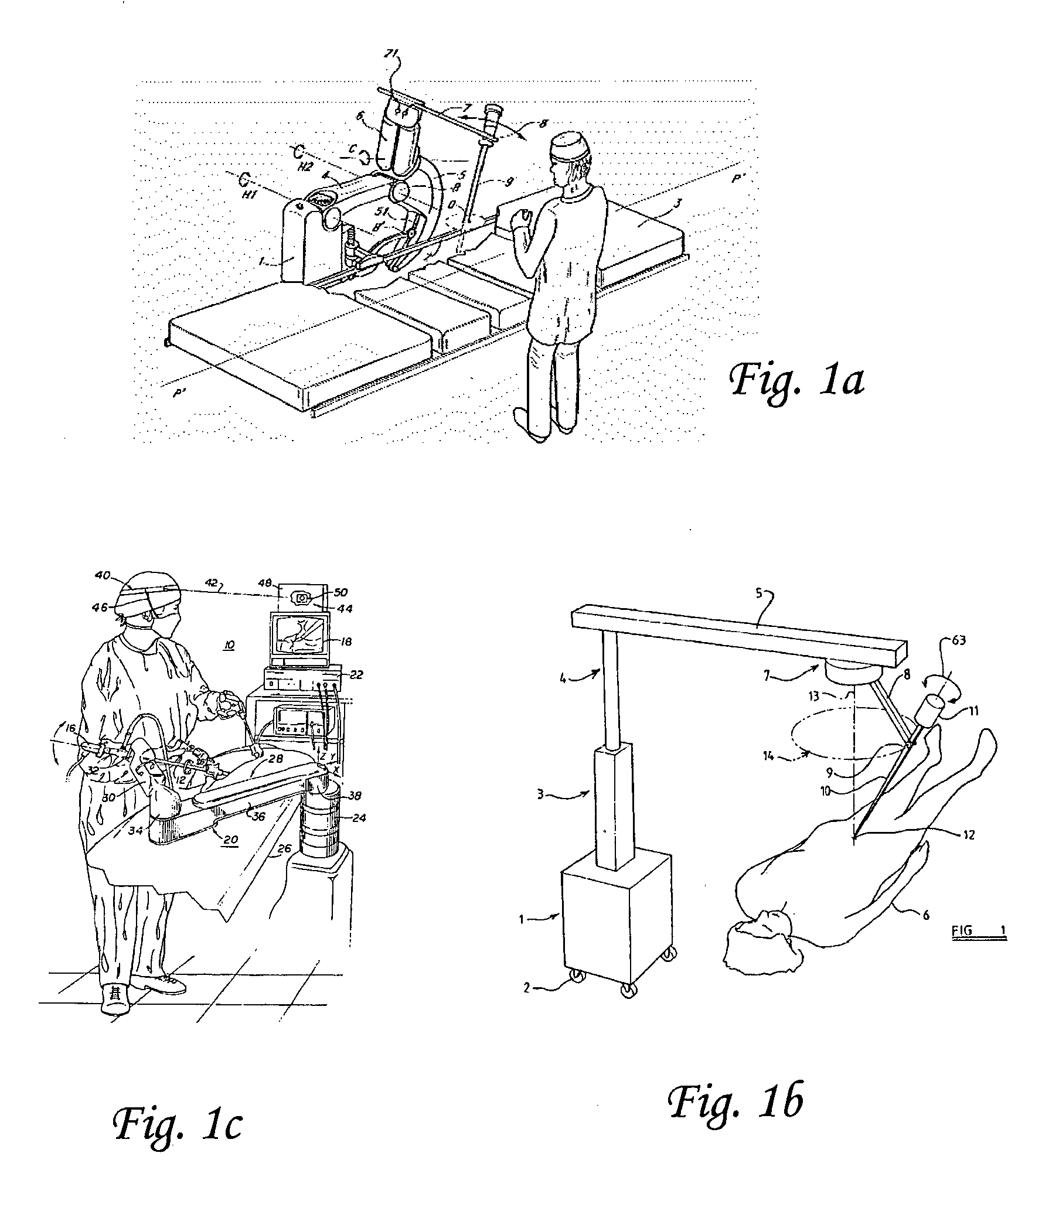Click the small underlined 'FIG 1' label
979,931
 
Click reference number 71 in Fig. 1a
392,54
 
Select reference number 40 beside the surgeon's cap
103,575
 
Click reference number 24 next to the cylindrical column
359,817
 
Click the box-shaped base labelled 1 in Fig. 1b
615,919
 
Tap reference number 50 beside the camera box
341,592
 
